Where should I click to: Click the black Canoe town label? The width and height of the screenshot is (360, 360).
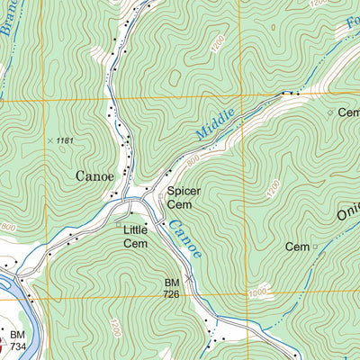click(94, 176)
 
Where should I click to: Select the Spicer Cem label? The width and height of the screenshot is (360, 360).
click(183, 197)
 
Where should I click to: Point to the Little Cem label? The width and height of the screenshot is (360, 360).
click(135, 236)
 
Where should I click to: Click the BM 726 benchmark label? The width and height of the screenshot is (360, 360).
click(172, 287)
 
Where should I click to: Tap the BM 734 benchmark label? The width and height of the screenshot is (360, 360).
click(17, 340)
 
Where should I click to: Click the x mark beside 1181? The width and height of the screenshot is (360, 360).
click(49, 140)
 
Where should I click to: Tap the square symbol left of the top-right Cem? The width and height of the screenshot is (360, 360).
click(329, 112)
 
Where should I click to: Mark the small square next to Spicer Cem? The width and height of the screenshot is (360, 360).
click(161, 193)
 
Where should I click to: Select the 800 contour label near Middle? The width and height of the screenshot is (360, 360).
click(192, 160)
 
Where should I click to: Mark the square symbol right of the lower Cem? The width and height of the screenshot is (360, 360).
click(315, 247)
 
